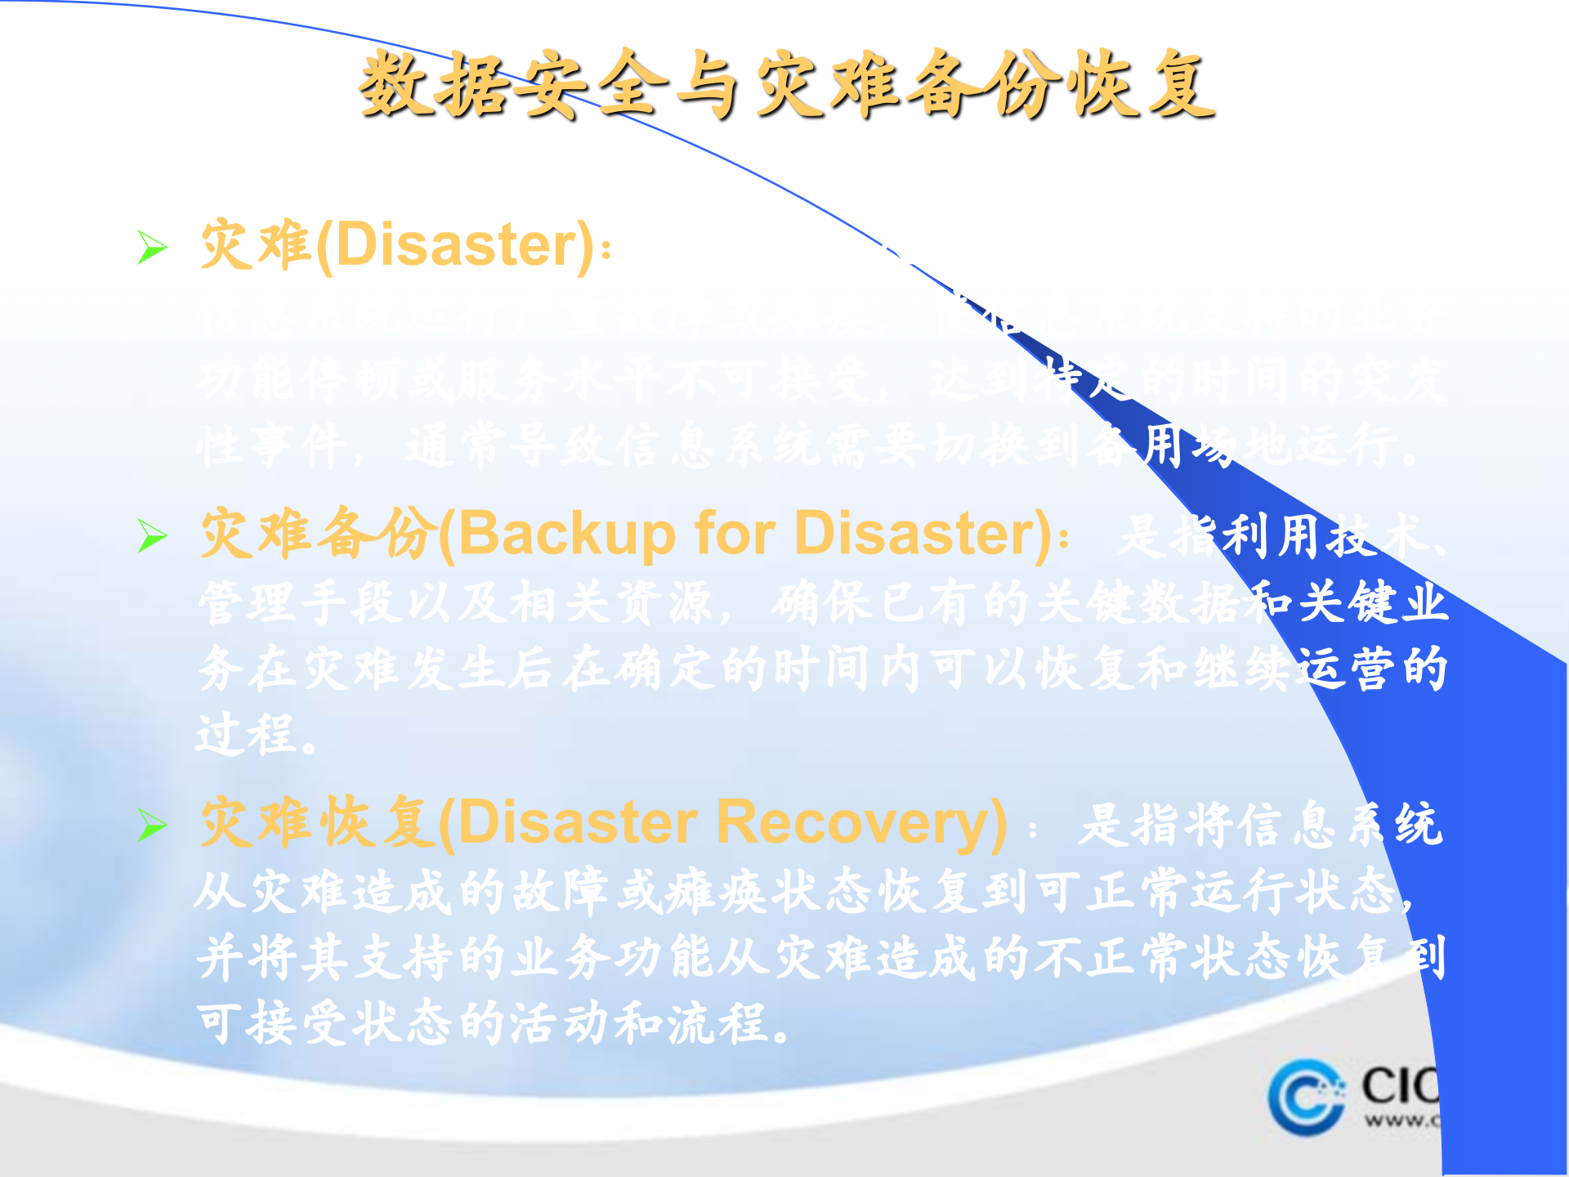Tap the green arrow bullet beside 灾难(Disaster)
[152, 247]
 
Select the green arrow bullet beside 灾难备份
[152, 535]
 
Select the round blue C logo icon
[1306, 1097]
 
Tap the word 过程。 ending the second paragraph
[256, 733]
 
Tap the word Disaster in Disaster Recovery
[577, 822]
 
